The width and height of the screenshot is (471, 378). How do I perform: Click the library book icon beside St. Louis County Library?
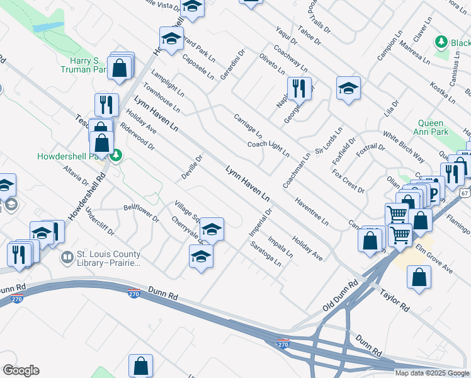67,258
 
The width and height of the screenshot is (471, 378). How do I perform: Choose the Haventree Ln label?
312,212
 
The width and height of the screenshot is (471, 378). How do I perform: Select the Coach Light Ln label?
268,149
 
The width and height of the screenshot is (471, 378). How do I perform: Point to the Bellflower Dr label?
141,213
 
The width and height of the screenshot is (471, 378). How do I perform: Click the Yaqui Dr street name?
287,36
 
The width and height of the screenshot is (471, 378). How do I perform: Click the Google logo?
21,370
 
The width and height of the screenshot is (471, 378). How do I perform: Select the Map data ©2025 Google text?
432,373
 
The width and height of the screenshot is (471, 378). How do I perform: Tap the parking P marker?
433,194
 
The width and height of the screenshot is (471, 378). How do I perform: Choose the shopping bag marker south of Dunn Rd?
141,365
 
